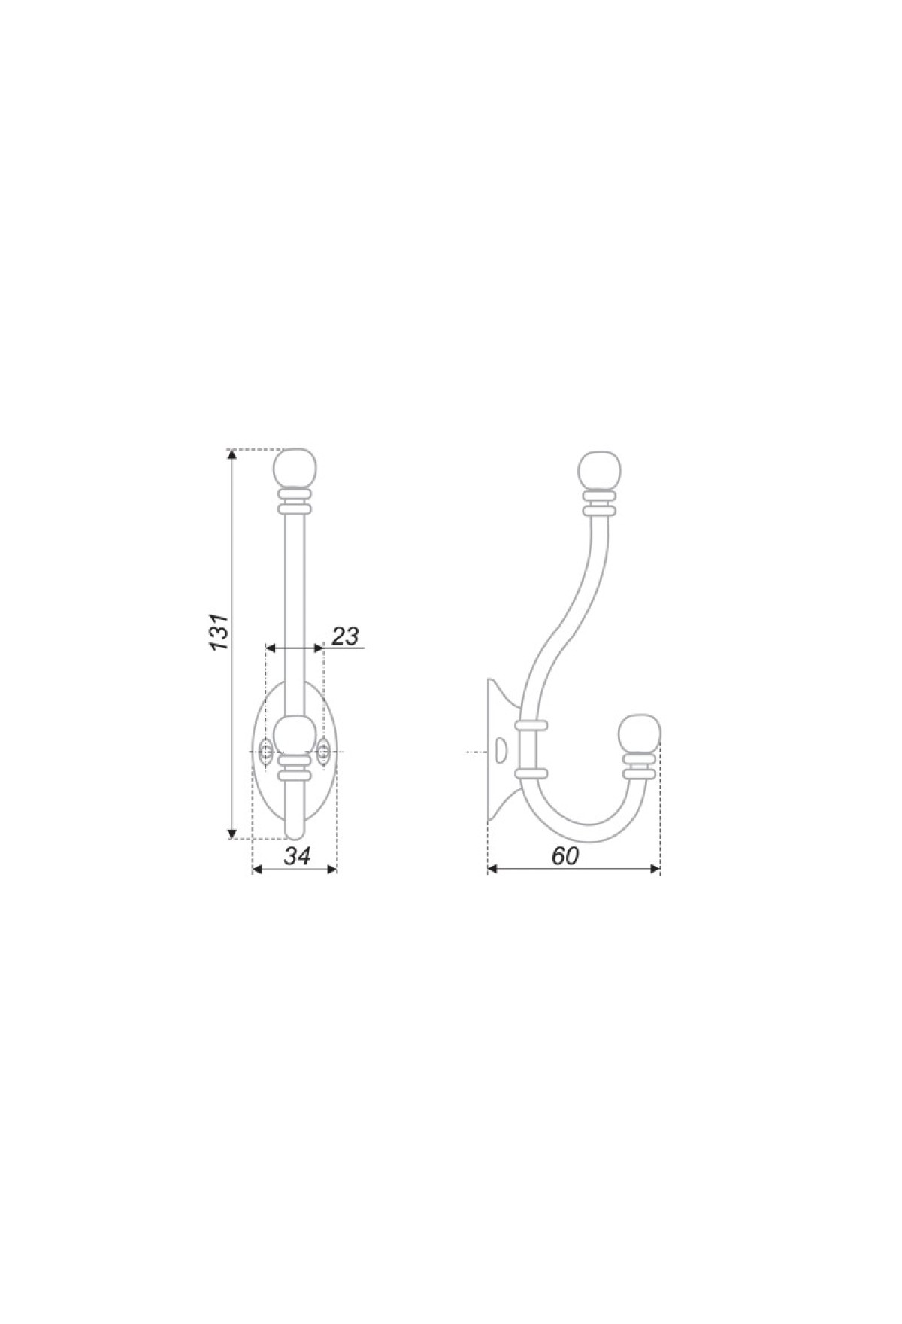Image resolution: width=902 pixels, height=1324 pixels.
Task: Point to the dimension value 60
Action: pyautogui.click(x=565, y=855)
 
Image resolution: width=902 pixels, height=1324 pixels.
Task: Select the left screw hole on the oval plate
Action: pyautogui.click(x=265, y=751)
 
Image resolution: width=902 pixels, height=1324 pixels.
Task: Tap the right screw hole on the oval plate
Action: pyautogui.click(x=324, y=751)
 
